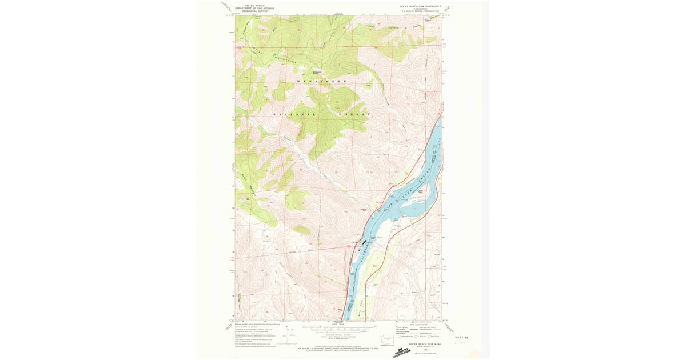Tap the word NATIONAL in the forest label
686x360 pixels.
click(294, 115)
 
